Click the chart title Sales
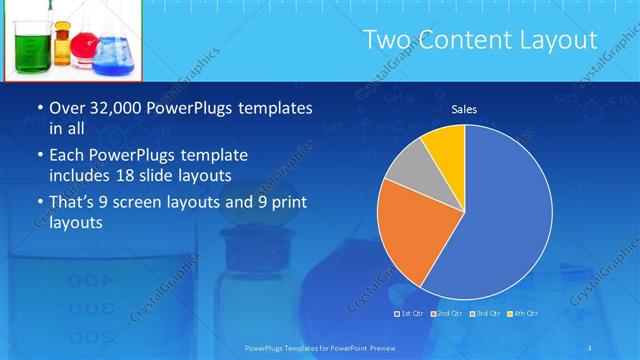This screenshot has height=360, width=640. coord(464,108)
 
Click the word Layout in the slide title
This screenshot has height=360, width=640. coord(552,40)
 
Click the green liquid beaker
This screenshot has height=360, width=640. coord(33,48)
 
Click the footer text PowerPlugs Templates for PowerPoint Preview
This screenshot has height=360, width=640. coord(320,347)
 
